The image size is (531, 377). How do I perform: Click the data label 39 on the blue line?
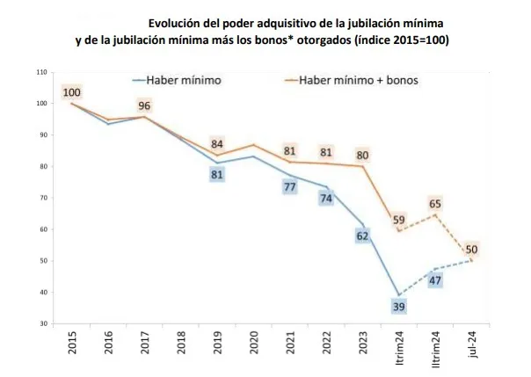click(398, 307)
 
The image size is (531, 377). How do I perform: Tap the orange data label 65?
click(435, 204)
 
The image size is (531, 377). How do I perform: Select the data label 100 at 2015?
click(72, 92)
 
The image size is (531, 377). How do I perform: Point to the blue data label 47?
click(435, 279)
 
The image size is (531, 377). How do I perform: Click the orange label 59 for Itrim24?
click(398, 221)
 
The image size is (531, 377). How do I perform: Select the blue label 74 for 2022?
click(326, 198)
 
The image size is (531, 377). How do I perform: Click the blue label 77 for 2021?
click(289, 186)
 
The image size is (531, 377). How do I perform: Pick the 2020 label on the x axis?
click(254, 344)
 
